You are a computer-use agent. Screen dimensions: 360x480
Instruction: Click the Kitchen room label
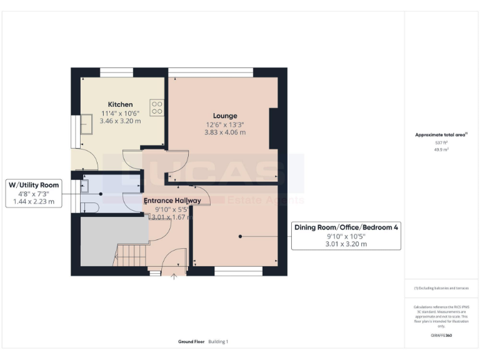tap(120, 104)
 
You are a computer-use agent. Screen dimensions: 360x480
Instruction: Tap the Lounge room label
tap(225, 116)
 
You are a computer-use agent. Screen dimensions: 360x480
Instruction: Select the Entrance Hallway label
tap(172, 201)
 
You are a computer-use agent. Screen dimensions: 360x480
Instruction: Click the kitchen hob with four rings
tap(156, 108)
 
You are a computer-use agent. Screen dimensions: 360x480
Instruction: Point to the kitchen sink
tap(84, 126)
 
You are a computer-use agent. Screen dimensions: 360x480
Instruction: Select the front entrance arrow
tap(174, 276)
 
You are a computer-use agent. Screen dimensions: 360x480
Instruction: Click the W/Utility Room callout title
tap(34, 186)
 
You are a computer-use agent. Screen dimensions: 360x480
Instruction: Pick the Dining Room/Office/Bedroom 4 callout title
tap(346, 228)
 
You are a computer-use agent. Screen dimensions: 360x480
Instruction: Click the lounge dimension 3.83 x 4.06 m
tap(225, 132)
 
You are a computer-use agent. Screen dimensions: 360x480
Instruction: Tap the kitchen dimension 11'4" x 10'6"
tap(120, 113)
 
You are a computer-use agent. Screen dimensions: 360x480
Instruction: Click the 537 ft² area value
tap(442, 143)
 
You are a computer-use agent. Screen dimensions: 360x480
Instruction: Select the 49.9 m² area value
tap(442, 150)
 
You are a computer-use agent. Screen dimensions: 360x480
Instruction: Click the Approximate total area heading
tap(441, 134)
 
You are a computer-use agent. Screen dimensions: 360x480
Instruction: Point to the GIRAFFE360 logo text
tap(441, 336)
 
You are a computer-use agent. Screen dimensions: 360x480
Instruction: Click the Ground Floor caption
tap(191, 342)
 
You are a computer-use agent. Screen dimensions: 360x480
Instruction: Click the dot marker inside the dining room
tap(239, 236)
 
